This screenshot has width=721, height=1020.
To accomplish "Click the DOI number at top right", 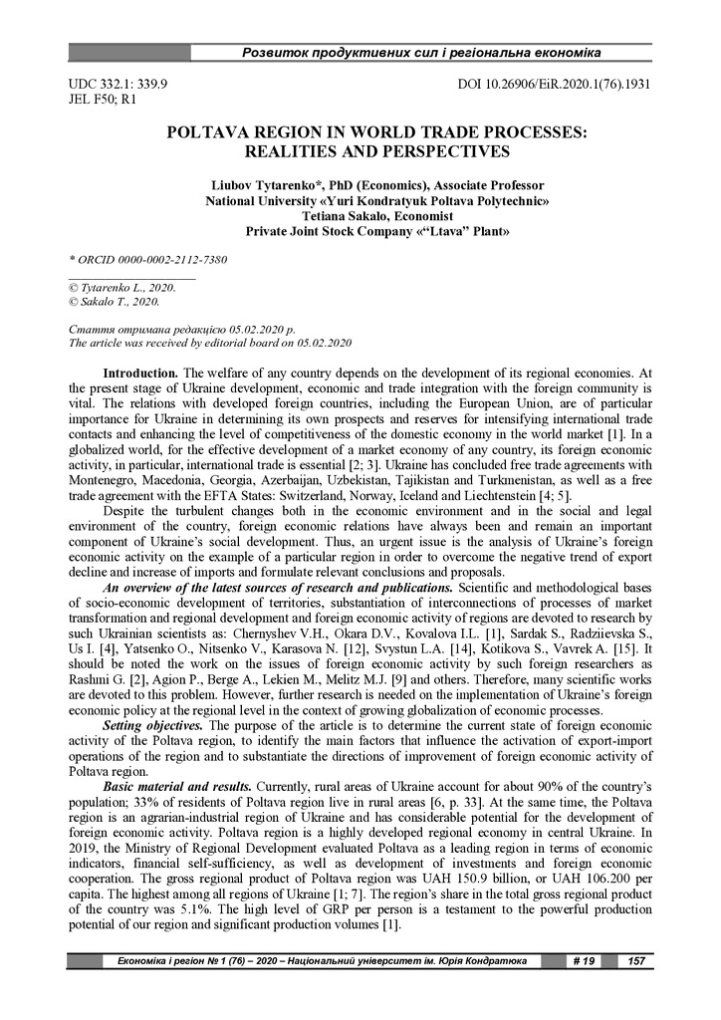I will tap(554, 84).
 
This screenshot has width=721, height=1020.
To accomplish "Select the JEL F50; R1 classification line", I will tap(96, 100).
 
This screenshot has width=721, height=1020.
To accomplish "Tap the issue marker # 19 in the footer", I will tap(584, 960).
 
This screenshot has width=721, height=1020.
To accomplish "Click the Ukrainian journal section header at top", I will tap(422, 52).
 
